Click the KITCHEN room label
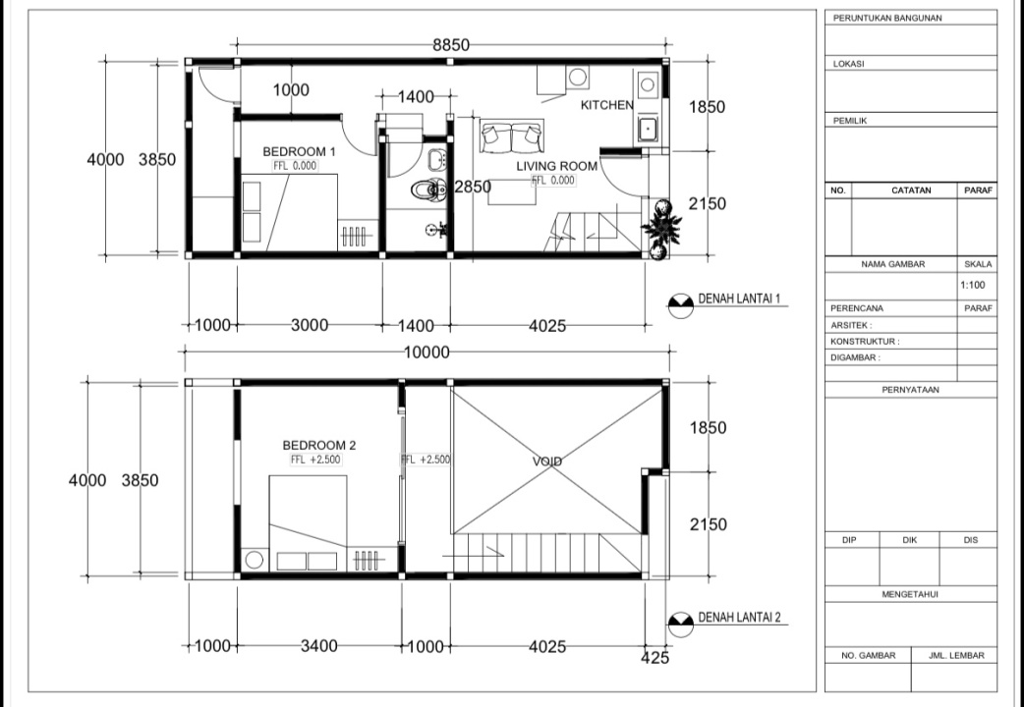[606, 104]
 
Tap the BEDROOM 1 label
[299, 151]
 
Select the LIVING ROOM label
[557, 166]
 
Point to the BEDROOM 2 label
[319, 445]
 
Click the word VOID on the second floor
[547, 462]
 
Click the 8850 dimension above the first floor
[451, 45]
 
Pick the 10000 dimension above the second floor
[427, 353]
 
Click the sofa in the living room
[511, 136]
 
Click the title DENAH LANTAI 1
[739, 299]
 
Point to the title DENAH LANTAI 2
[739, 617]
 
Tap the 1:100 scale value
[973, 285]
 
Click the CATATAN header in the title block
[911, 190]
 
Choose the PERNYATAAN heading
[910, 390]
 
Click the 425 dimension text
[655, 658]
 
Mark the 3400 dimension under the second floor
[319, 646]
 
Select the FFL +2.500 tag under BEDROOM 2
[316, 460]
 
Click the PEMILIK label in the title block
[850, 121]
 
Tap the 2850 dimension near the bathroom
[473, 187]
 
